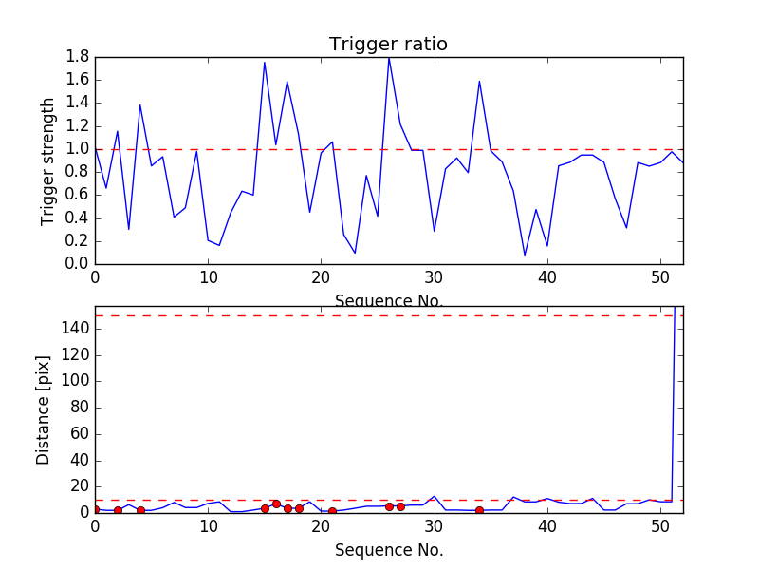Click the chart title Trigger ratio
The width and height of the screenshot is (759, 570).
tap(388, 45)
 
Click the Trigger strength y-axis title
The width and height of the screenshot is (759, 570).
tap(48, 161)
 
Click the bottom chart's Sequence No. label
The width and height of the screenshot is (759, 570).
tap(389, 550)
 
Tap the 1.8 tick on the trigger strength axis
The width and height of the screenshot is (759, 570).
tap(78, 57)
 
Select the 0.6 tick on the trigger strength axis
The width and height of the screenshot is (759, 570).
tap(78, 195)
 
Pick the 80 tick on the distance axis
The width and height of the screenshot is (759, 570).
tap(78, 408)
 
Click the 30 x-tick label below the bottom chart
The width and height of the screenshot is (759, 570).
tap(435, 527)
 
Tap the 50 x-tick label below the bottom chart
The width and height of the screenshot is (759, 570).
tap(660, 527)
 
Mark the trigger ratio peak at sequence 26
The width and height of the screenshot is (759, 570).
tap(389, 59)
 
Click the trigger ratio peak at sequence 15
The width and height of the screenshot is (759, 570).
tap(265, 63)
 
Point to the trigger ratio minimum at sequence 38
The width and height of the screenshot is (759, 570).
tap(525, 255)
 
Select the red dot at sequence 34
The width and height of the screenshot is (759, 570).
tap(479, 510)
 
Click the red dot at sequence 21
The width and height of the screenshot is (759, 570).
tap(332, 511)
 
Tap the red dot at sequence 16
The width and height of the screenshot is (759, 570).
tap(276, 503)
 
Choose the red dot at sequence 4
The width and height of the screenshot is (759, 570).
tap(140, 510)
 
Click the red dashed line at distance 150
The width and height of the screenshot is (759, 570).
tap(379, 315)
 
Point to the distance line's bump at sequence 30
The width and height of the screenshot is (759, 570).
tap(435, 496)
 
